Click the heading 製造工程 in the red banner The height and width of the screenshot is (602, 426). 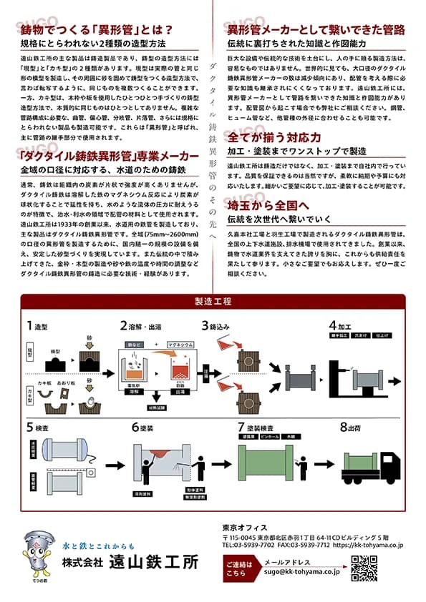click(x=213, y=301)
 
